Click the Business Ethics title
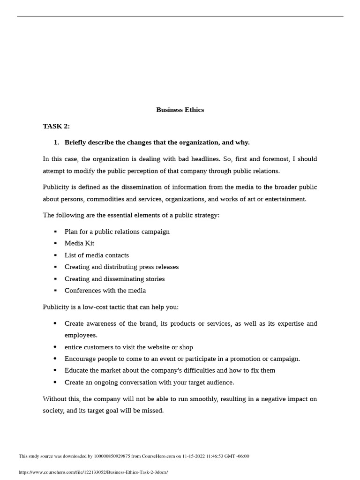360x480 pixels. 180,110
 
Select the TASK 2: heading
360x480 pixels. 56,126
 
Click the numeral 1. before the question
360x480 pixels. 56,142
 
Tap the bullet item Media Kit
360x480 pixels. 79,243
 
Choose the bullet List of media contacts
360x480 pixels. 97,255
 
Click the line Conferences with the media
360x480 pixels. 105,290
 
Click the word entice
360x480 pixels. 74,347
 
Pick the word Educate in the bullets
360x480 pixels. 77,370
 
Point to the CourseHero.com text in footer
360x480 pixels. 156,456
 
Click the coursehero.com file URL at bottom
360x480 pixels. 93,472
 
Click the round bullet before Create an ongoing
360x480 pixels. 55,382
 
